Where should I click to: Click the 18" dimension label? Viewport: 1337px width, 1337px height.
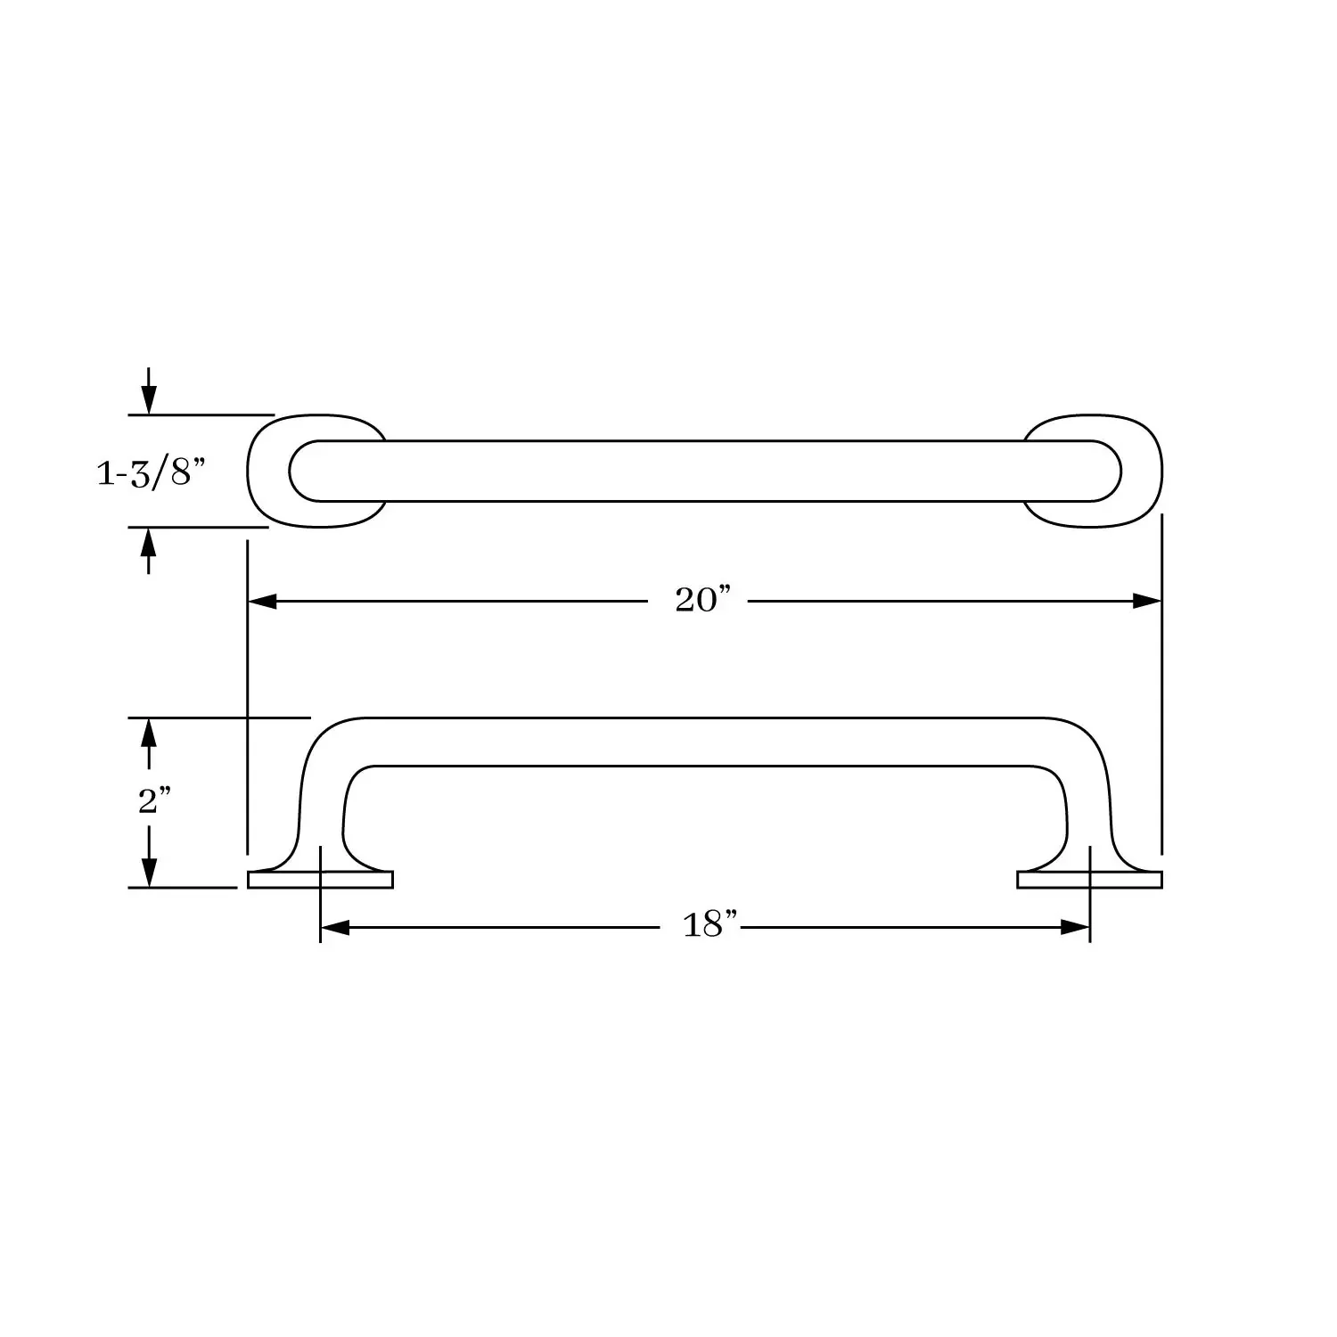[710, 925]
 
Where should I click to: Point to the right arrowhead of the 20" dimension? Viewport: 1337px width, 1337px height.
[1147, 602]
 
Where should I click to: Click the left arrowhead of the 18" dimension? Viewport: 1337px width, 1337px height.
[334, 928]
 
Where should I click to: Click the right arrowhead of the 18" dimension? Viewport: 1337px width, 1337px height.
[1076, 928]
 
